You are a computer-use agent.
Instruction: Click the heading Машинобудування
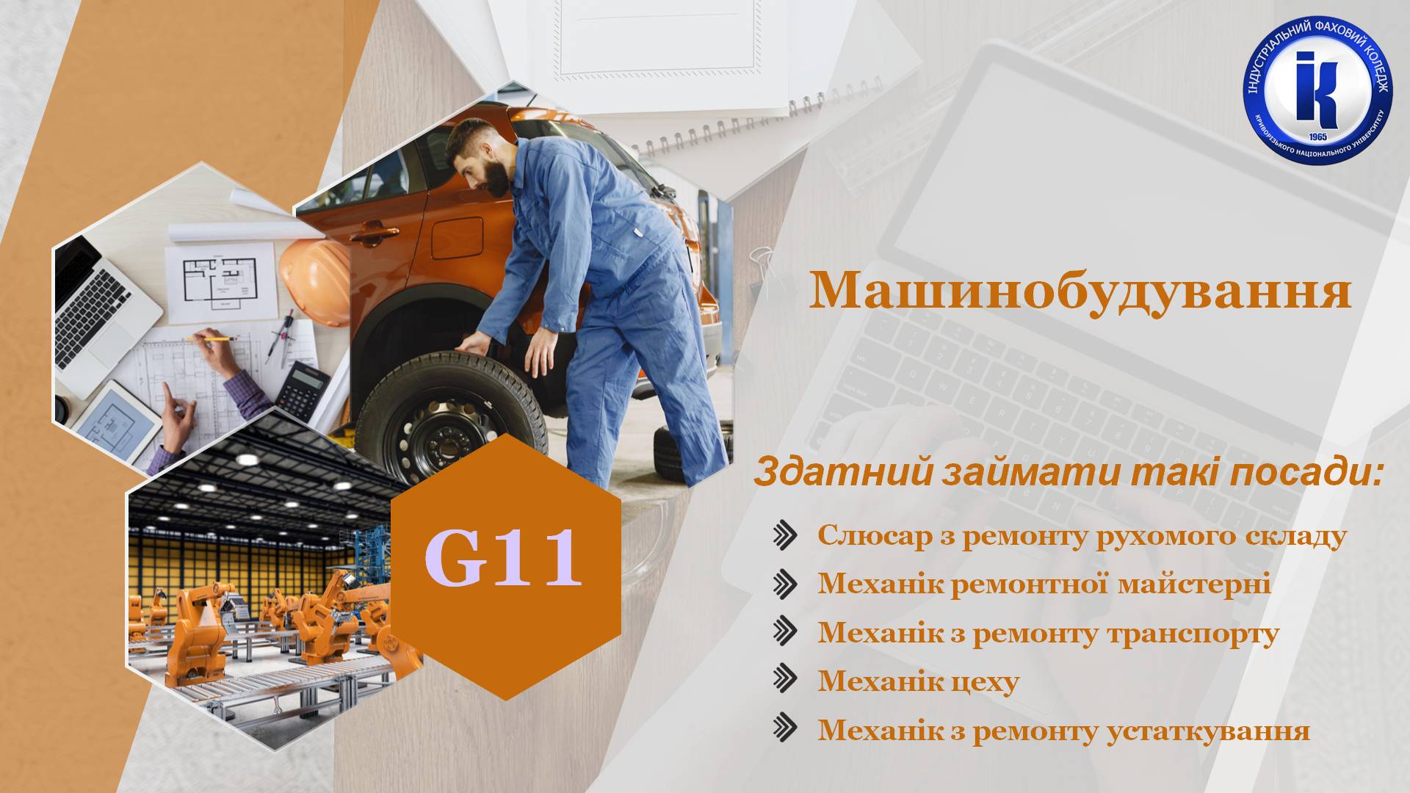1080,291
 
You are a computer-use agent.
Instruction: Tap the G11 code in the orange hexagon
504,559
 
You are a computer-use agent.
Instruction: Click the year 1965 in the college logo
1317,137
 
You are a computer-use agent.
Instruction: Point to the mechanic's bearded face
485,163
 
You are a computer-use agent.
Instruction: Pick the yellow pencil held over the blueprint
212,339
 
